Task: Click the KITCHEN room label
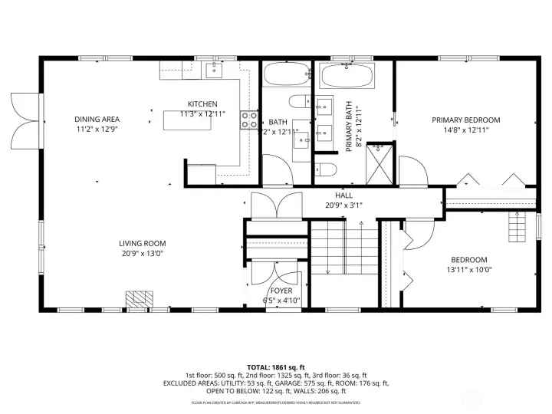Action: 203,104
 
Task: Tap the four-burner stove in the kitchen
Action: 250,119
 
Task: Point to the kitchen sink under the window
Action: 213,71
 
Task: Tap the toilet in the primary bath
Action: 324,169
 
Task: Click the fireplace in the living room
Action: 138,299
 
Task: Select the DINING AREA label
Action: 97,119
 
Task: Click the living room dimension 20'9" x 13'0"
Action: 143,254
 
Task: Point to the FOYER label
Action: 281,291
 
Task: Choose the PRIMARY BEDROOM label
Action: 465,120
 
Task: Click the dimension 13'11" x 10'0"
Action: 469,269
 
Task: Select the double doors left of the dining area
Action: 23,123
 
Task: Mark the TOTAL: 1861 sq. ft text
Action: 275,367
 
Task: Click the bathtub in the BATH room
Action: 284,76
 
